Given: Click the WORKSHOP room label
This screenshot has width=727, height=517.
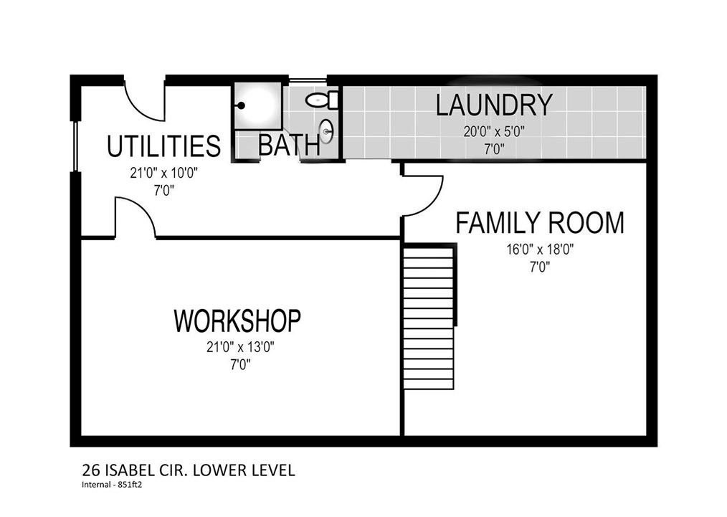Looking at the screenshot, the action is (237, 320).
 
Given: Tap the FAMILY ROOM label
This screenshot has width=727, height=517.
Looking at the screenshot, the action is (540, 222).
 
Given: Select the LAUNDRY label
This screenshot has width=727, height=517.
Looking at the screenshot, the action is (494, 105).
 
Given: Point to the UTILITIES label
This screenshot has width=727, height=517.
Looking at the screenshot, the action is (163, 146).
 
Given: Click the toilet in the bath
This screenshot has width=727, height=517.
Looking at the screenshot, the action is (323, 100).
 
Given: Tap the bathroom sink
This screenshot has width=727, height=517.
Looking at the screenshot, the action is (326, 131).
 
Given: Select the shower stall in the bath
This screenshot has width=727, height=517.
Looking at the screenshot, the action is (257, 106).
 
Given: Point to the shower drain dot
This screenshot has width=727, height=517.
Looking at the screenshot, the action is (241, 106).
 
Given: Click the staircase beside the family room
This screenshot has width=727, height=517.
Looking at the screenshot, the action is (429, 318).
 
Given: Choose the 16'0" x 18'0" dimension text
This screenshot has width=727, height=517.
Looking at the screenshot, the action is (540, 250).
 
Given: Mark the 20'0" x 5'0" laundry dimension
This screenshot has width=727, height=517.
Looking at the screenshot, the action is (494, 132).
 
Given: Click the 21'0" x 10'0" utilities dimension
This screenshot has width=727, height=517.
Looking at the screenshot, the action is (164, 174).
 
